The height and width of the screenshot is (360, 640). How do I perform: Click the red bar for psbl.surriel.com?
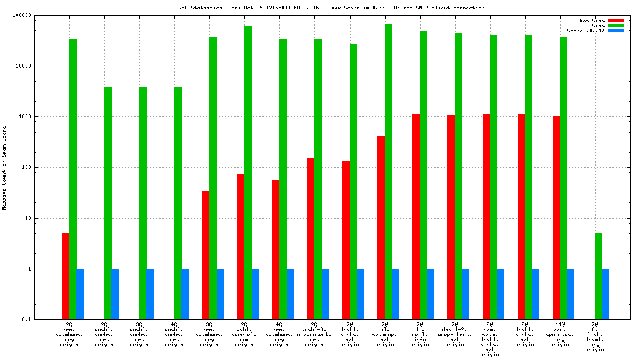coord(241,246)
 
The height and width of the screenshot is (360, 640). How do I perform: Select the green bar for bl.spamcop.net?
coord(389,172)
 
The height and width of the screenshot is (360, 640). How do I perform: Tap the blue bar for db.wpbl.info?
coord(431,294)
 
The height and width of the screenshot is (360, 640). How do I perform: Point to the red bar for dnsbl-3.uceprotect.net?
coord(311,238)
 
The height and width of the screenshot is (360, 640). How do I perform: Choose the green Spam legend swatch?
coord(616,26)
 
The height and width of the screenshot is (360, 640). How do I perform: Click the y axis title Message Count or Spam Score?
coord(4,167)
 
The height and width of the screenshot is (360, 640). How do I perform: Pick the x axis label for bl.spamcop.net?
coord(385,334)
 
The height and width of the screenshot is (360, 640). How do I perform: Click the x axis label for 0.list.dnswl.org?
coord(595,337)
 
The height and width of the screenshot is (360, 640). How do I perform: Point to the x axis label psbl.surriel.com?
coord(245,334)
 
